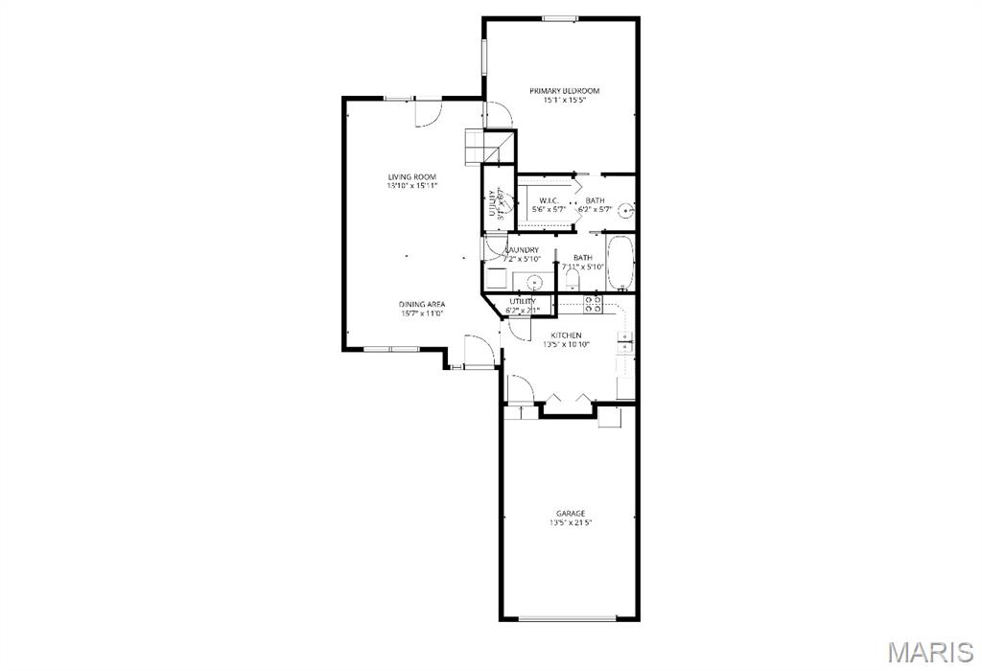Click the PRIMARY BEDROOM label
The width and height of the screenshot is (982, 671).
pyautogui.click(x=565, y=91)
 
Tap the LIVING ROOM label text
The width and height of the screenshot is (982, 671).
pyautogui.click(x=412, y=177)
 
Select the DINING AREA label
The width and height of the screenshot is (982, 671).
pyautogui.click(x=423, y=304)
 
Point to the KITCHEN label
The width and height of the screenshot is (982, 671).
pyautogui.click(x=566, y=335)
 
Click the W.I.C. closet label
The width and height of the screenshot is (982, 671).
pyautogui.click(x=549, y=200)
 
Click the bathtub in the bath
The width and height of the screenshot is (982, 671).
pyautogui.click(x=620, y=262)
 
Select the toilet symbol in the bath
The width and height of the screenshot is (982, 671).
pyautogui.click(x=573, y=279)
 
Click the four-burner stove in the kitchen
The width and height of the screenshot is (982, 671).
pyautogui.click(x=593, y=304)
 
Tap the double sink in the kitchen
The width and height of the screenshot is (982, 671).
pyautogui.click(x=624, y=342)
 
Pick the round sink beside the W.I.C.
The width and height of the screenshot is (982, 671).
pyautogui.click(x=625, y=210)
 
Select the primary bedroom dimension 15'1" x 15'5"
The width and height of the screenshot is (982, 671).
pyautogui.click(x=565, y=101)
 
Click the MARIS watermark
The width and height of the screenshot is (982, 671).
pyautogui.click(x=929, y=653)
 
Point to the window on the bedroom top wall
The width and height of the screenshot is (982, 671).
pyautogui.click(x=560, y=18)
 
